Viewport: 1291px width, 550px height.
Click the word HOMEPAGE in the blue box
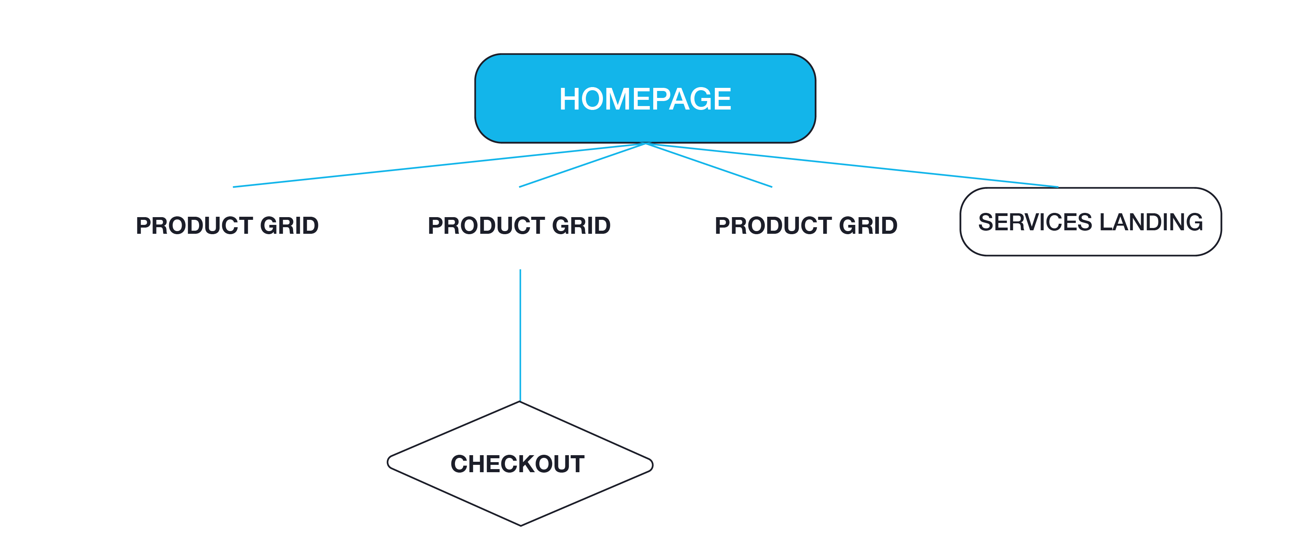pos(645,99)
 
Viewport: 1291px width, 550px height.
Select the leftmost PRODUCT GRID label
pos(227,225)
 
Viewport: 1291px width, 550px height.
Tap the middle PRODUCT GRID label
pos(519,225)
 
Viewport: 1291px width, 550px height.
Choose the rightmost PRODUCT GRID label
pos(806,225)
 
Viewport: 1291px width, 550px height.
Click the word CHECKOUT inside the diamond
pos(517,464)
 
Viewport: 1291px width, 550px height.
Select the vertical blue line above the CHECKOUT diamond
pos(520,336)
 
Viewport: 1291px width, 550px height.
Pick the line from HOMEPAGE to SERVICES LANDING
pos(852,165)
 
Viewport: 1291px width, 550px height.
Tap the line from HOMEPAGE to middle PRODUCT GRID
pos(581,165)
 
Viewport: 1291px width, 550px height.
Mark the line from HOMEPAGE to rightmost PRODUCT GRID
pos(709,165)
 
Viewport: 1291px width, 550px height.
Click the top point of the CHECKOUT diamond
pos(520,402)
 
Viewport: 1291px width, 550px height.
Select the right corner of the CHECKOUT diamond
pos(652,464)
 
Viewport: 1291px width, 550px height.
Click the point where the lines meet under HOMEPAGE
pos(646,144)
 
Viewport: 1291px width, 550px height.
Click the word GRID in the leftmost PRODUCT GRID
pos(289,225)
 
